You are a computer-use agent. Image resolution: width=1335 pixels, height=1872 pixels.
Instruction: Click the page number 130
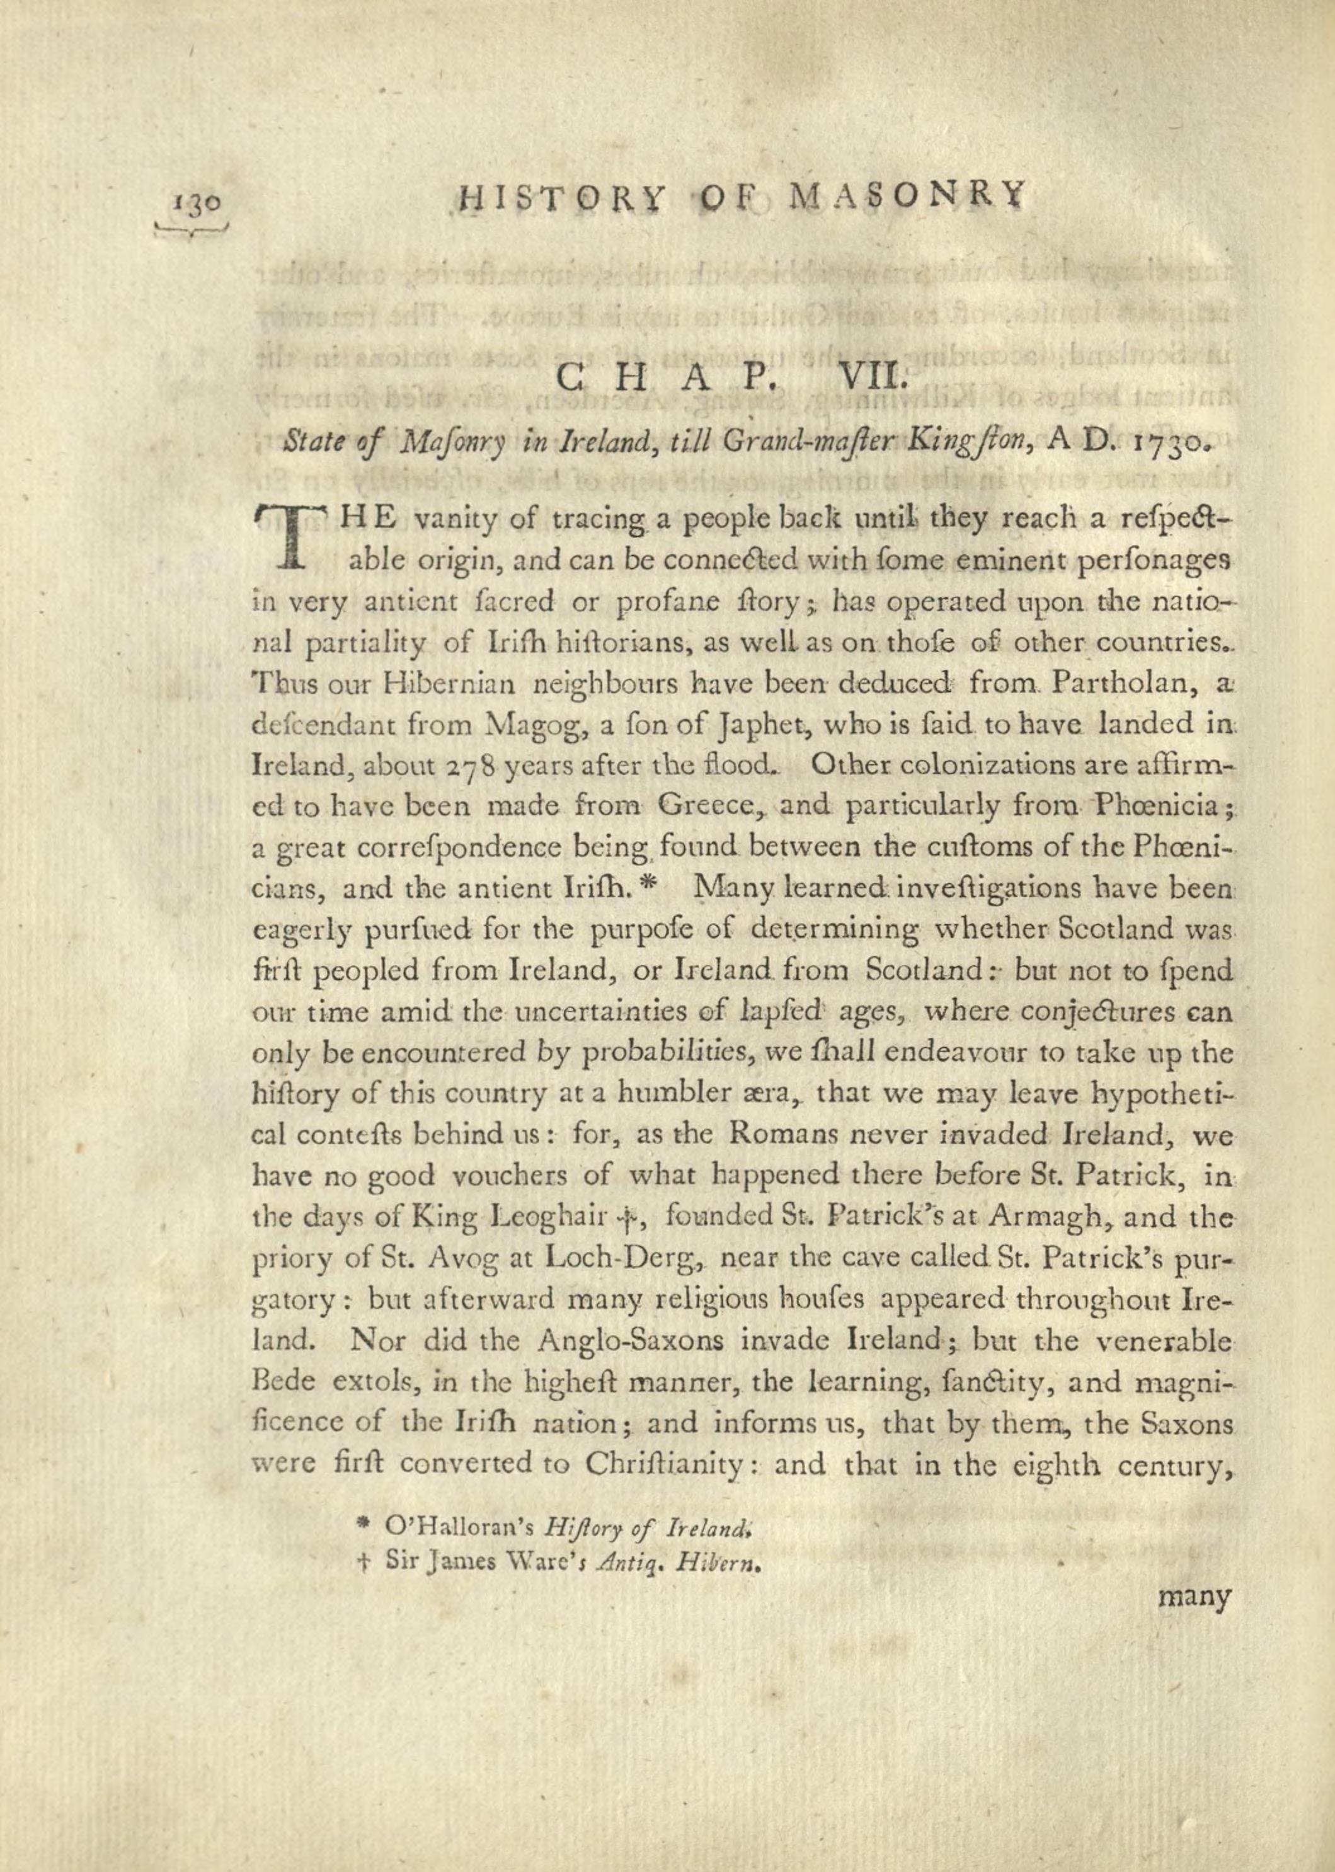point(195,202)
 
